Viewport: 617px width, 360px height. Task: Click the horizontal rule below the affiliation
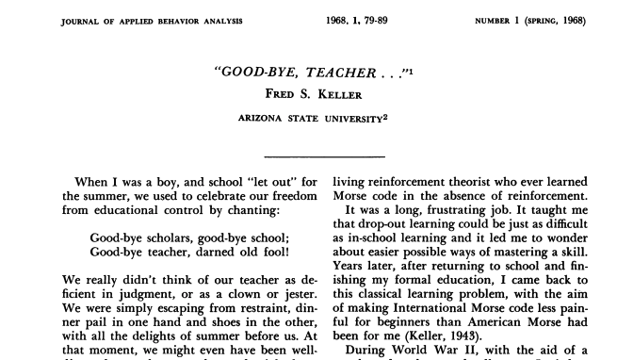point(324,155)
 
